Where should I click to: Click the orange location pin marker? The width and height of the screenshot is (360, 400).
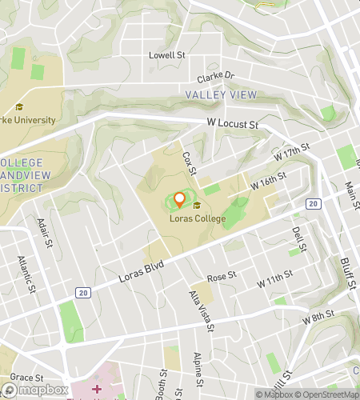180,200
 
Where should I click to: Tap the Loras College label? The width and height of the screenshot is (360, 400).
197,218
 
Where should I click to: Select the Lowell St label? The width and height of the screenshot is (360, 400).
167,56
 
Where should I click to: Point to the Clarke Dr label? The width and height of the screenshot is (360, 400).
216,78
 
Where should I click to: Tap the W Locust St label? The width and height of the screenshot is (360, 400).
233,125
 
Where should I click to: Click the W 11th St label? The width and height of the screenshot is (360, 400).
275,284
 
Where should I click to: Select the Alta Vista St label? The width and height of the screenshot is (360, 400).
202,310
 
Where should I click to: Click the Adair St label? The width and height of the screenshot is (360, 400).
43,234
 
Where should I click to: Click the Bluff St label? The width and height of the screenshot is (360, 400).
346,271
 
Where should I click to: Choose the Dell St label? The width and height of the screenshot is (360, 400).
298,238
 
